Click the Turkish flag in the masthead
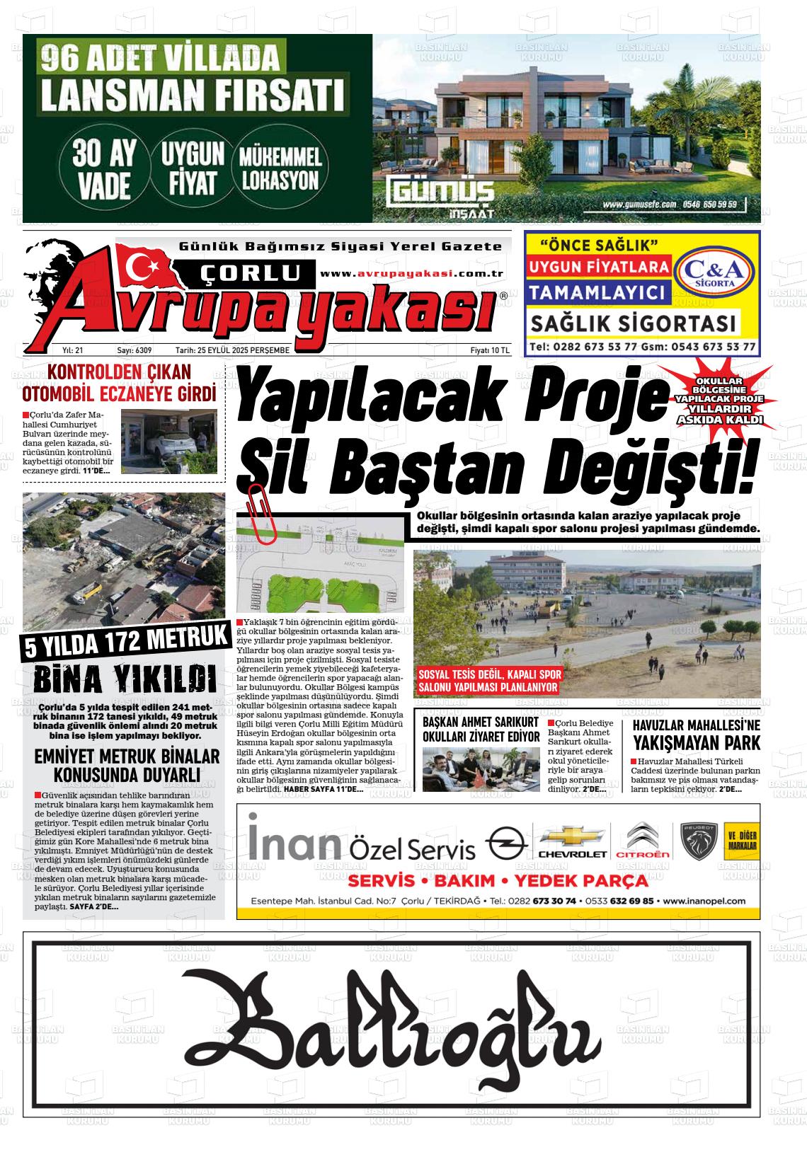pos(145,263)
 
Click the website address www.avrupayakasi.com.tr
pos(411,273)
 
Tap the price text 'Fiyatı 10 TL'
pos(490,350)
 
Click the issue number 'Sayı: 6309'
pos(134,350)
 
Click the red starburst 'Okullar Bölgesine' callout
pos(719,401)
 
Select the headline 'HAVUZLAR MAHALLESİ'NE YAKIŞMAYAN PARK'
pos(696,734)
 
